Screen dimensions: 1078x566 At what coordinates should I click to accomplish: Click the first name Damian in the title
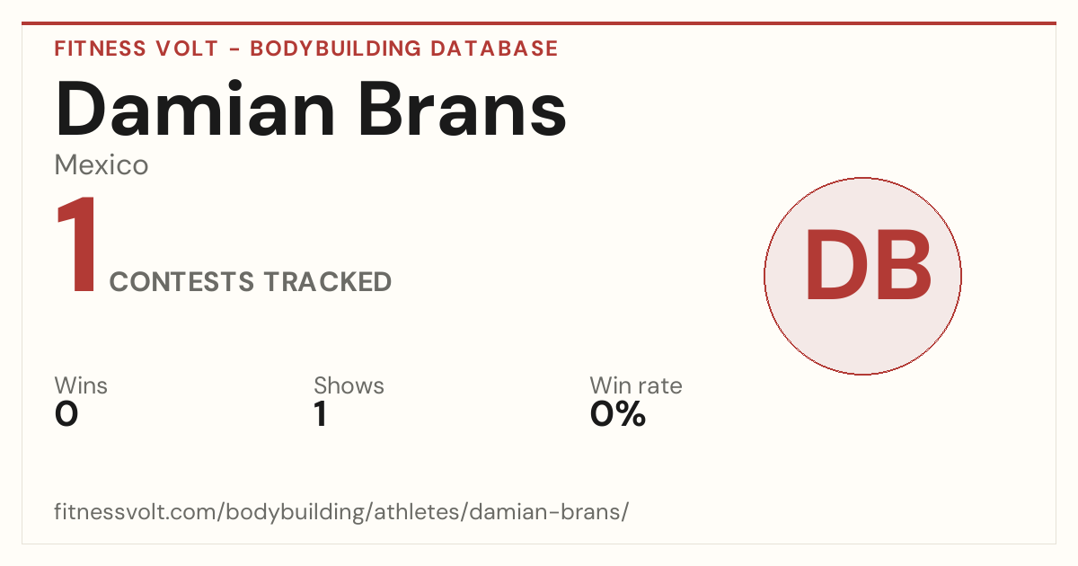tap(195, 109)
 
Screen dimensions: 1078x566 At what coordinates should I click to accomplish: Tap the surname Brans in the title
tap(463, 109)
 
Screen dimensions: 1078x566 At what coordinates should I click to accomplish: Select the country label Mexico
tap(101, 165)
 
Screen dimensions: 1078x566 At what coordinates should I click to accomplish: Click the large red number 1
tap(77, 244)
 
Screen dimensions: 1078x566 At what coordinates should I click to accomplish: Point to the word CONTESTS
tap(181, 282)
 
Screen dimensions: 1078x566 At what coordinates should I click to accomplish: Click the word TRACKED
tap(328, 282)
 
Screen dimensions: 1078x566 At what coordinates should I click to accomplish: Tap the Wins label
tap(81, 385)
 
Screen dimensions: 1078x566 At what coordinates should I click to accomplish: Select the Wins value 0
tap(66, 414)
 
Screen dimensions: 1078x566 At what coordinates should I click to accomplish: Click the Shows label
tap(349, 385)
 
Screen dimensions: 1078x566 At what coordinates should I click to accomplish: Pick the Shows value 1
tap(321, 414)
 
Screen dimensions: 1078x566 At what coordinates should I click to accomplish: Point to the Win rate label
tap(636, 385)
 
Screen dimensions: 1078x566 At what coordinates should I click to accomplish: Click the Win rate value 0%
tap(617, 414)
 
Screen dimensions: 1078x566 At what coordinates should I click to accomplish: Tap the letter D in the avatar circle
tap(838, 265)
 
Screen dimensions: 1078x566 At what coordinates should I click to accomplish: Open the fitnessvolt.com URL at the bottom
tap(341, 511)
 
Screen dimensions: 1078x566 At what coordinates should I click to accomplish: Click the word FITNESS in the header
tap(100, 49)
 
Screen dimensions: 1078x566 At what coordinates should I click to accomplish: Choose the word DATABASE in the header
tap(494, 49)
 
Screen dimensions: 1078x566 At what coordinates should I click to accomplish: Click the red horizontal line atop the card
tap(539, 23)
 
